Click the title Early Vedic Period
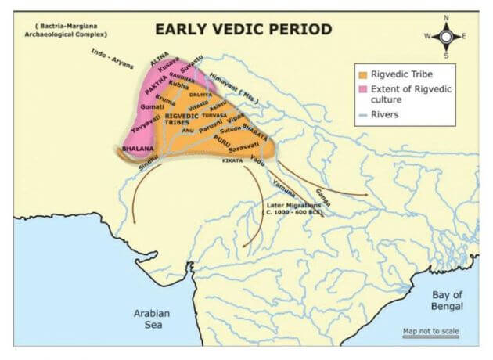pyautogui.click(x=243, y=29)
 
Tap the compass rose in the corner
pyautogui.click(x=446, y=35)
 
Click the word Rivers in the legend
pyautogui.click(x=386, y=114)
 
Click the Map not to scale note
pyautogui.click(x=430, y=331)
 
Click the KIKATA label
pyautogui.click(x=232, y=160)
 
